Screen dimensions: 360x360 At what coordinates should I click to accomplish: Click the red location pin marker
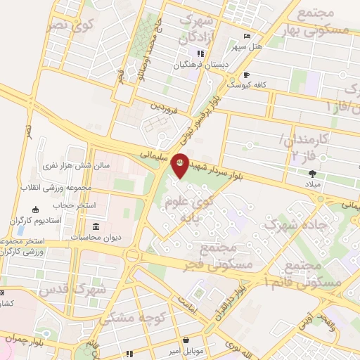[180, 165]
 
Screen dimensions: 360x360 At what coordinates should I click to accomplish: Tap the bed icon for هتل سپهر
[245, 37]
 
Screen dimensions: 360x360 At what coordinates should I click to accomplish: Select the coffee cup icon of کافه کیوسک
[246, 75]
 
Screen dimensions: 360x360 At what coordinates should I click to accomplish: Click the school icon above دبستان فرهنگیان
[200, 53]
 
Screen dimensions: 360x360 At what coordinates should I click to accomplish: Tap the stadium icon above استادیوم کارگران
[36, 210]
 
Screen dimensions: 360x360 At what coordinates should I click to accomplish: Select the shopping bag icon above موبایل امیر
[186, 338]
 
